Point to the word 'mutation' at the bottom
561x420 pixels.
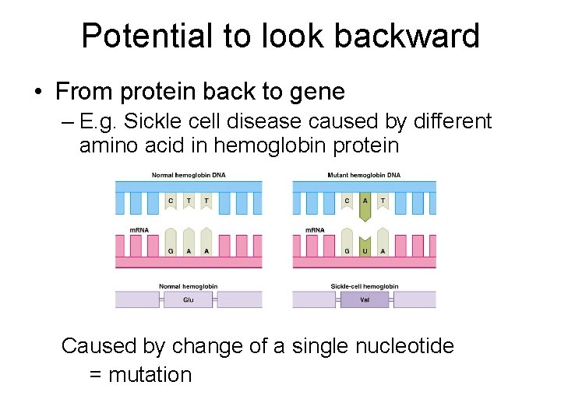coord(150,375)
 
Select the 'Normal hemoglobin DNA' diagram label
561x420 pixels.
coord(189,175)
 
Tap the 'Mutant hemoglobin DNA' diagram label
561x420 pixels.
coord(365,175)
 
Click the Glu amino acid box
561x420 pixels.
coord(188,299)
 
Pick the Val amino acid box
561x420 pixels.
coord(364,299)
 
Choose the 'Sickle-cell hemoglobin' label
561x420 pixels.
coord(365,286)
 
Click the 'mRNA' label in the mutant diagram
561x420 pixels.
coord(315,230)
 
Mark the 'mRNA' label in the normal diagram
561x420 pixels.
coord(139,230)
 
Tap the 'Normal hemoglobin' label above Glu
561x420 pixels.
coord(189,286)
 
